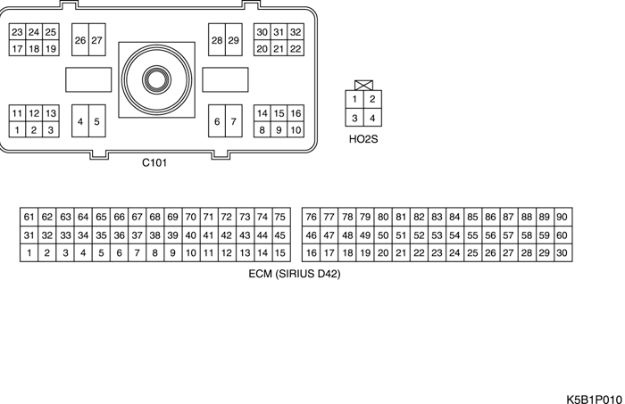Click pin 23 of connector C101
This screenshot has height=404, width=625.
tap(17, 32)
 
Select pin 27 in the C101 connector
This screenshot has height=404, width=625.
tap(97, 41)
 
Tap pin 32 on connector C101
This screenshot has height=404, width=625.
tap(296, 32)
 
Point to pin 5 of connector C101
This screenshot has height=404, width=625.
tap(96, 120)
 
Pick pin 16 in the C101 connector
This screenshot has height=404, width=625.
tap(296, 113)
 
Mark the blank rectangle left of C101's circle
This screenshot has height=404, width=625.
tap(88, 79)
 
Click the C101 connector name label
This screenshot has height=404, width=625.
tap(154, 163)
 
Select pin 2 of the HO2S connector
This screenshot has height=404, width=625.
tap(372, 99)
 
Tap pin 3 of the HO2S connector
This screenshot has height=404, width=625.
tap(354, 118)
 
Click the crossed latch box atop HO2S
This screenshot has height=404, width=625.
tap(363, 84)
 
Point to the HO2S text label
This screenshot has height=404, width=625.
tap(363, 139)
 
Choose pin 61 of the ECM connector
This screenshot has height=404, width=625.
tap(29, 217)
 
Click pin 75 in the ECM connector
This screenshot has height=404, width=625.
tap(280, 217)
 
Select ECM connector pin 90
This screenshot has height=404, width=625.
tap(562, 217)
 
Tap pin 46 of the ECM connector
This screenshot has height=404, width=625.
tap(311, 235)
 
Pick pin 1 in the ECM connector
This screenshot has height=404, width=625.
tap(29, 253)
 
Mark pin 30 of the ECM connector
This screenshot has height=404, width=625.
tap(562, 253)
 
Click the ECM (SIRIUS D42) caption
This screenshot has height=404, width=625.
tap(295, 274)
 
